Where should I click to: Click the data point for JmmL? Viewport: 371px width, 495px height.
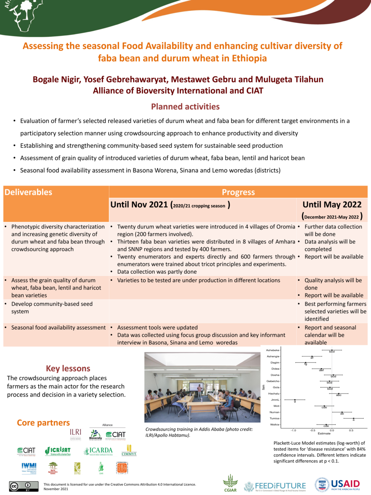[295, 400]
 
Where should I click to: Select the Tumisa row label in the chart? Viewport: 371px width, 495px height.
[275, 419]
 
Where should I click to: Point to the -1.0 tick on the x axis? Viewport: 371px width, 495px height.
[293, 430]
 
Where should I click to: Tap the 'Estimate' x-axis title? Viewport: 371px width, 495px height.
[324, 434]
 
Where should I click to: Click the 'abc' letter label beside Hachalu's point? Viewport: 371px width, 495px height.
[339, 395]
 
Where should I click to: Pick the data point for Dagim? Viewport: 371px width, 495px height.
[305, 363]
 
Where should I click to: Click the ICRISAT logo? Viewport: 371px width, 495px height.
[58, 451]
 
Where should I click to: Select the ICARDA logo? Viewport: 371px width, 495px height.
[98, 451]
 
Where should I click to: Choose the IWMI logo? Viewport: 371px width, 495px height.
[29, 468]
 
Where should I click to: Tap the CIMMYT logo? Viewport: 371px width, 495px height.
[129, 450]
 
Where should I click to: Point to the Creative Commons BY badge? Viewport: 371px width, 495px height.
[24, 486]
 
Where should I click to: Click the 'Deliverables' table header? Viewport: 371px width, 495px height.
[29, 192]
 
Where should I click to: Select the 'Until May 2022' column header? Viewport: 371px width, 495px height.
[332, 205]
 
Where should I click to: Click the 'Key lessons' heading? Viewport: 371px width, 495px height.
[68, 368]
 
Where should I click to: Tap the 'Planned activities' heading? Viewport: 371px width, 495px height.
[185, 107]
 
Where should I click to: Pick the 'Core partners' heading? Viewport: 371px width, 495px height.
[43, 423]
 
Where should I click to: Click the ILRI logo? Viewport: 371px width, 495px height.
[75, 433]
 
